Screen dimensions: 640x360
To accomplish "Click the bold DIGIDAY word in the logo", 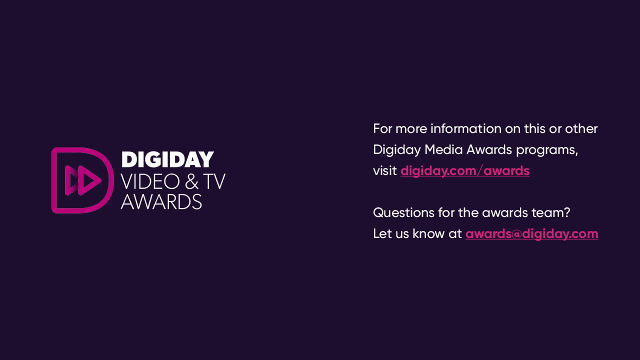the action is point(167,159).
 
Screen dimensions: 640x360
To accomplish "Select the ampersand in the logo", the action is point(191,181).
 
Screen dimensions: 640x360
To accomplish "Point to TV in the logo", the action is point(214,181).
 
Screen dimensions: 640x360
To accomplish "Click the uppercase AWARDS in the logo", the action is point(161,201).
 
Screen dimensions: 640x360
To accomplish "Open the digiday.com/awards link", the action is point(465,171).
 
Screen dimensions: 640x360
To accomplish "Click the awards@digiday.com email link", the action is point(531,234).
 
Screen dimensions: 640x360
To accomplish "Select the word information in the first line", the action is point(465,128).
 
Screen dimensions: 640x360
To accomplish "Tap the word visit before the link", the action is point(384,170).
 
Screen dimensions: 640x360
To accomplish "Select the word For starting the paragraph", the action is point(382,128).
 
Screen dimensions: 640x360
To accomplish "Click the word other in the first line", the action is point(581,128).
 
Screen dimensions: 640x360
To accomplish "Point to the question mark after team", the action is point(567,212).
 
